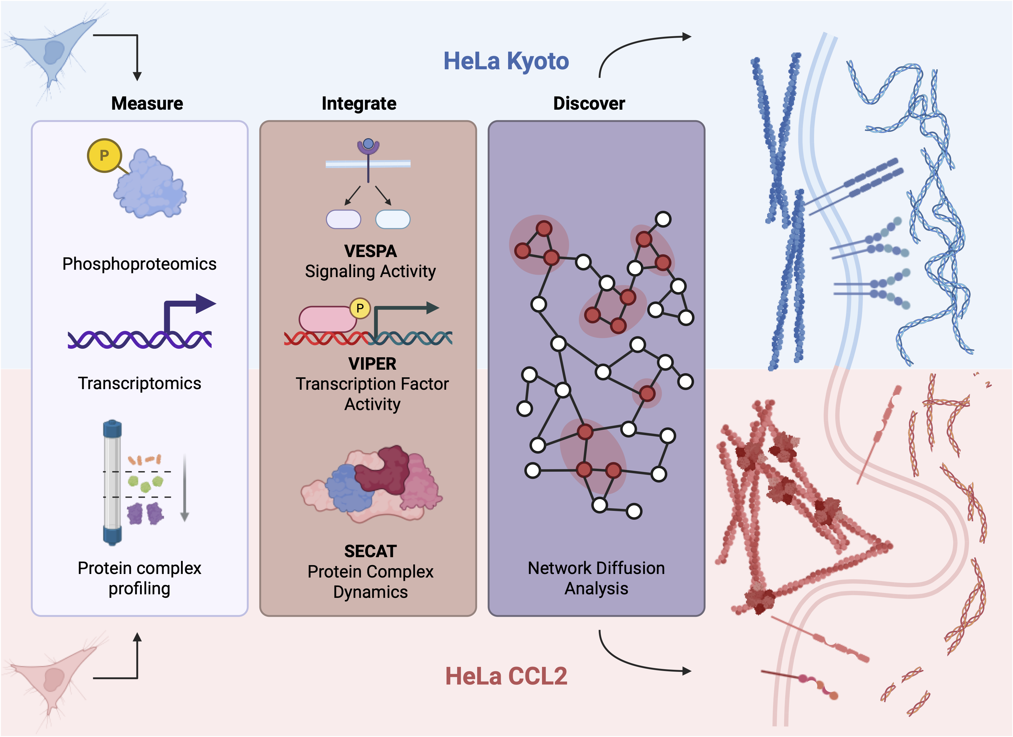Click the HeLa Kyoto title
tap(506, 61)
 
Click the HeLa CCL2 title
tap(506, 676)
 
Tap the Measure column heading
tap(147, 103)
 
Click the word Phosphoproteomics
tap(139, 264)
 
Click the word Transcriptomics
tap(139, 383)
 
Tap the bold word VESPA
tap(370, 251)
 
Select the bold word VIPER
tap(372, 363)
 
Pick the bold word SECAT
tap(370, 551)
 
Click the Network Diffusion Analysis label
tap(596, 578)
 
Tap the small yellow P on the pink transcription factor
tap(360, 308)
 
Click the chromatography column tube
tap(112, 482)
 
